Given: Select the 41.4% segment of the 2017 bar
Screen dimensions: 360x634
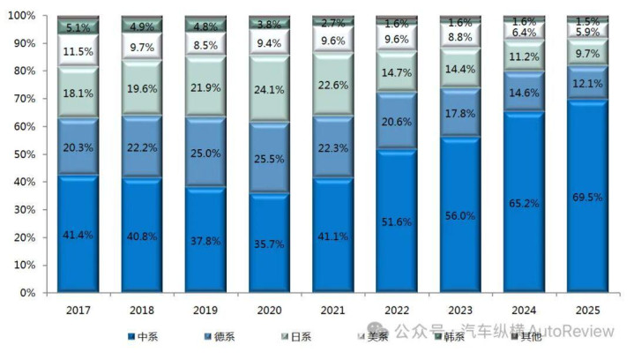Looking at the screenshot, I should [x=78, y=235].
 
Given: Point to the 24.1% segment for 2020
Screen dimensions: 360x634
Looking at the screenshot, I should [x=269, y=89].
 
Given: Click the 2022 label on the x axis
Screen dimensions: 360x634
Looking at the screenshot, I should [x=396, y=309].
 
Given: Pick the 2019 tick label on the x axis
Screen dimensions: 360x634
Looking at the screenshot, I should [x=205, y=309].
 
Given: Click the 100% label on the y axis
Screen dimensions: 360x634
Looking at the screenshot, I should [x=22, y=17].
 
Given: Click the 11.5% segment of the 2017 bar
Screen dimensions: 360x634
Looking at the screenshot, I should [x=78, y=52].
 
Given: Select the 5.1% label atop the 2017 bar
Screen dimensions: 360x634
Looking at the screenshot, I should [x=78, y=27].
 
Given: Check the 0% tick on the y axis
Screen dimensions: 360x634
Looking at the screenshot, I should [x=29, y=292].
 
